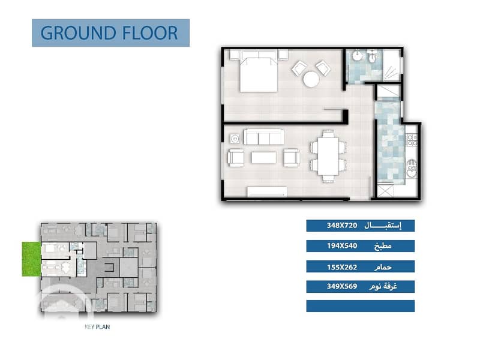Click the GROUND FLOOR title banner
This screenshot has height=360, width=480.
click(110, 33)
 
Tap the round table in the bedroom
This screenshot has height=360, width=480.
click(311, 79)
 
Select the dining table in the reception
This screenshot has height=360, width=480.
click(328, 157)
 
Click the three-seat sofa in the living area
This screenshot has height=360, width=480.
click(264, 137)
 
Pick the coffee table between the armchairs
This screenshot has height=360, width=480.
click(263, 158)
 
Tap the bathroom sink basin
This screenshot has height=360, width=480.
click(357, 56)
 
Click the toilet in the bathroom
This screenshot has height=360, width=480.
click(372, 56)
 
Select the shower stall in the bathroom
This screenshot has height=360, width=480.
click(391, 65)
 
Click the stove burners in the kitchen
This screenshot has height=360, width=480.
click(412, 140)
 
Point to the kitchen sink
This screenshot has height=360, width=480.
click(412, 169)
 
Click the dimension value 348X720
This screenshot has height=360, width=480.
click(342, 226)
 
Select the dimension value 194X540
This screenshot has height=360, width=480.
click(342, 246)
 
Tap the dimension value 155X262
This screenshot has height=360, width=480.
click(342, 267)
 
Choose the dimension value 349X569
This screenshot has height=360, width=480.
click(342, 287)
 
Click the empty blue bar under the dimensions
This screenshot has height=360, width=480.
click(361, 306)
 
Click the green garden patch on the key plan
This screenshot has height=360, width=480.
click(31, 259)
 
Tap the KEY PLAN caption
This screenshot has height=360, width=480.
click(97, 327)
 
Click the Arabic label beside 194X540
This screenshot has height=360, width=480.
click(383, 246)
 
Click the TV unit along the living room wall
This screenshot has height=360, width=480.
click(267, 191)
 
